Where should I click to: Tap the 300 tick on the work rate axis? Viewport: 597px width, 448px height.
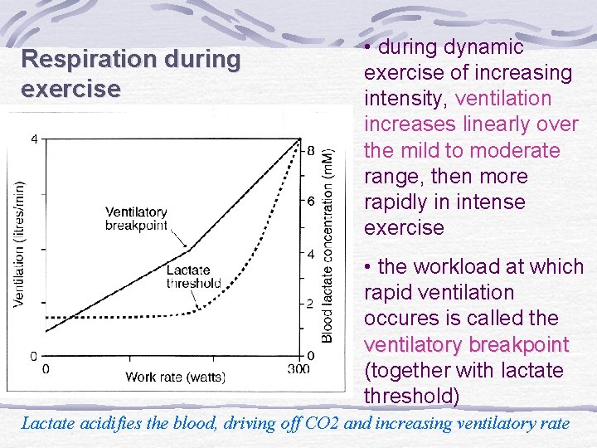coord(298,368)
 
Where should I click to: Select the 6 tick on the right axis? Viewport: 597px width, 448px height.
coord(311,202)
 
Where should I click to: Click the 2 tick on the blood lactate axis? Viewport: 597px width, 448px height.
coord(311,304)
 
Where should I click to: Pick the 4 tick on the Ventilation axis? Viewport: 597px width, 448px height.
coord(34,139)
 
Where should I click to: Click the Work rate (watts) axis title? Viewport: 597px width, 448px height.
coord(175,377)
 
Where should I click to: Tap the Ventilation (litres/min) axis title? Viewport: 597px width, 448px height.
coord(19,245)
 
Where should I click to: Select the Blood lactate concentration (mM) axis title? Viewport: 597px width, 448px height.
coord(328,246)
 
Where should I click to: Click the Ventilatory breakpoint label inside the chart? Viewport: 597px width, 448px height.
coord(136,219)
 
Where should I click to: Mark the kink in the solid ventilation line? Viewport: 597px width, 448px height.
coord(191,249)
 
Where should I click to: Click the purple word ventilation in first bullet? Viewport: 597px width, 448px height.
coord(503,99)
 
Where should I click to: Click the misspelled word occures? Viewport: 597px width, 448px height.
coord(396,319)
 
